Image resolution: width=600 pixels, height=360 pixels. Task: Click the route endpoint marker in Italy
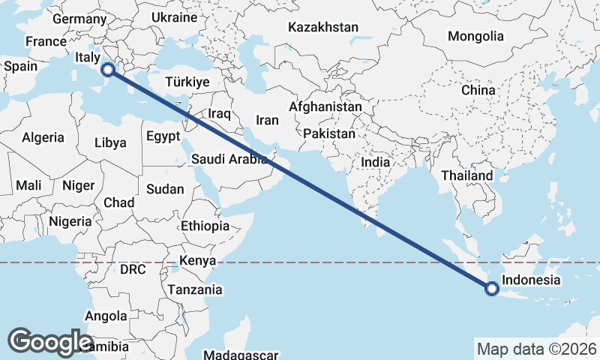click(x=108, y=70)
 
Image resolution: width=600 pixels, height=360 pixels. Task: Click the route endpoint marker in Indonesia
click(x=492, y=288)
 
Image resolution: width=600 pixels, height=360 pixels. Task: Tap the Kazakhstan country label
click(x=323, y=27)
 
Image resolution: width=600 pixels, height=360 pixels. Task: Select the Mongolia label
click(x=475, y=36)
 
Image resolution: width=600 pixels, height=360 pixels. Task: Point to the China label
click(x=478, y=90)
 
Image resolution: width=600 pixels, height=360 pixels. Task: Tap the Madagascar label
click(x=241, y=355)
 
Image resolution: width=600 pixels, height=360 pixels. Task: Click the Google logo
click(x=50, y=341)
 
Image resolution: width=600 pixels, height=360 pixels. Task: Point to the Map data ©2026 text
click(x=536, y=349)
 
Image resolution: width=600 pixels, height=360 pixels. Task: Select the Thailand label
click(x=467, y=175)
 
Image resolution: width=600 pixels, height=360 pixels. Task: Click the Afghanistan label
click(x=325, y=107)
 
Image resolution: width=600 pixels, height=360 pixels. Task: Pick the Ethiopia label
click(x=205, y=226)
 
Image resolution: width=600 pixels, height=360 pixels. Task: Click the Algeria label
click(x=43, y=138)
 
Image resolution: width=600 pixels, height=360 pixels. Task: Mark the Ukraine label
click(x=174, y=17)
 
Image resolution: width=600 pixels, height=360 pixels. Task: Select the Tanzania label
click(x=195, y=289)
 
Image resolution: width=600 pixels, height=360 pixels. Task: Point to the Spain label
click(x=20, y=66)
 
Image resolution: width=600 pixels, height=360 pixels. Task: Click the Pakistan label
click(x=329, y=133)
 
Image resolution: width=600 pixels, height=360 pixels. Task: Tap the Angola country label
click(x=106, y=316)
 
